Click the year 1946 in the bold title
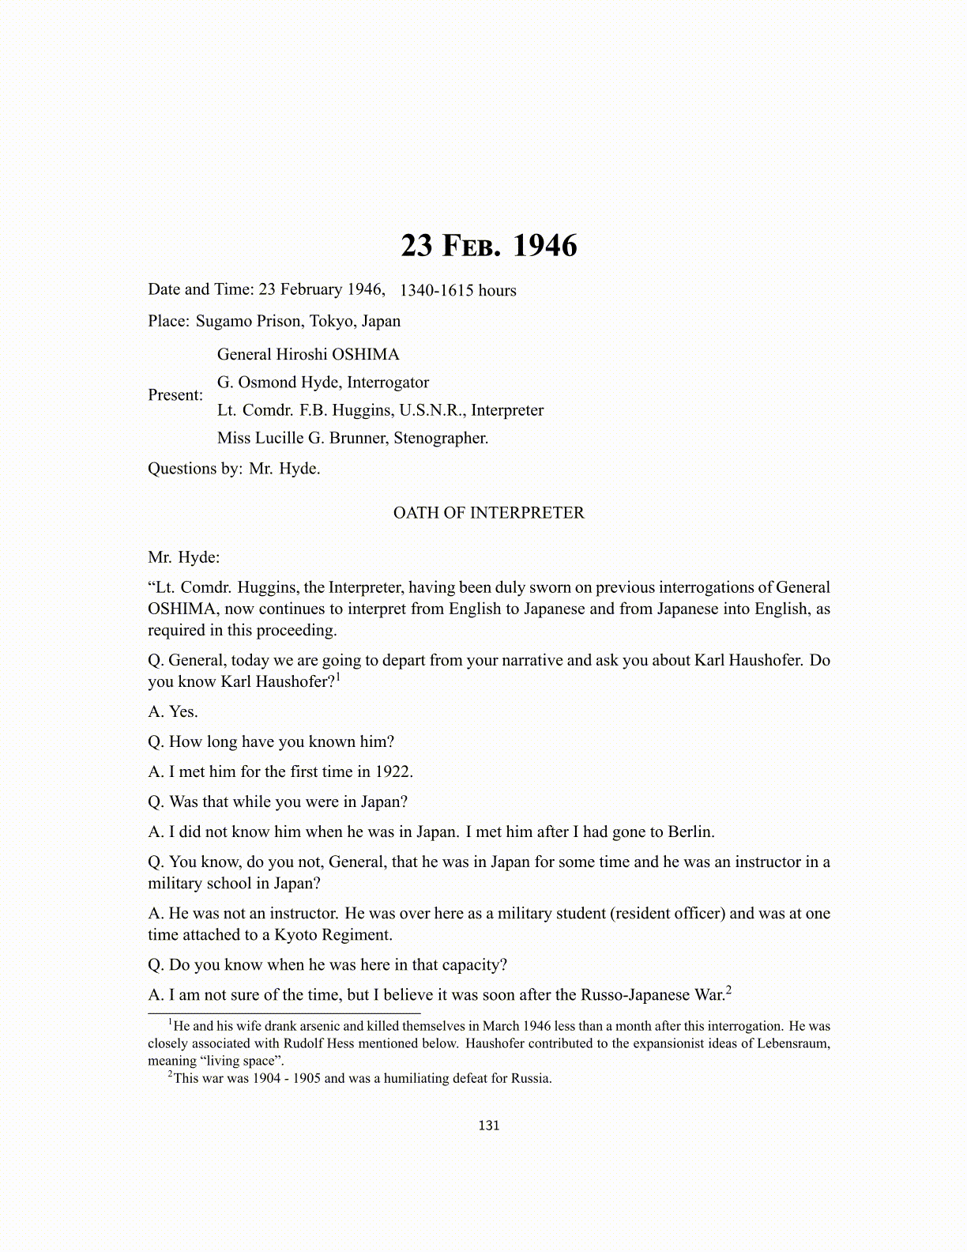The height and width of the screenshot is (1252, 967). pos(545,246)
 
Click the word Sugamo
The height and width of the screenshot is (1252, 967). pos(224,321)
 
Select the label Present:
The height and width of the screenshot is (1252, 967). pos(175,395)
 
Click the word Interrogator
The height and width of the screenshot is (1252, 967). pos(388,383)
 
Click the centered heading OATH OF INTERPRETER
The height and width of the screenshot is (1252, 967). pos(489,513)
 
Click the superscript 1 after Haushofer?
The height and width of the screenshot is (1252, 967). pos(338,677)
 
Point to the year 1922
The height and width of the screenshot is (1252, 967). pos(393,771)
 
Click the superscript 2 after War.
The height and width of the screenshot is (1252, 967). pos(728,990)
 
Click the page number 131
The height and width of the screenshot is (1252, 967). pos(489,1126)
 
